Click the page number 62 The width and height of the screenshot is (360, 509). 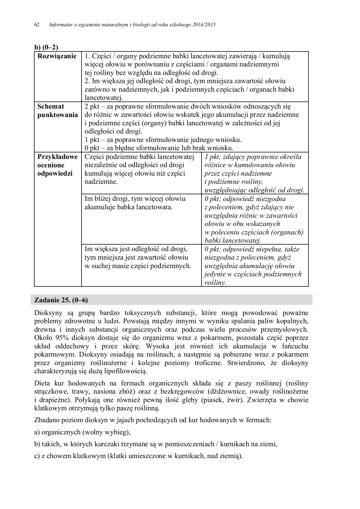click(37, 25)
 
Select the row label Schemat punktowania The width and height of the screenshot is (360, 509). click(57, 111)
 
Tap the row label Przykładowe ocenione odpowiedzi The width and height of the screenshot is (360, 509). click(57, 165)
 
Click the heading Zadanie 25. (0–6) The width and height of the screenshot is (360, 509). click(61, 300)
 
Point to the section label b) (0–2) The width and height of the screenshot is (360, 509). click(46, 47)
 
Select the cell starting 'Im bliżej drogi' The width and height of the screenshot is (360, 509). click(135, 203)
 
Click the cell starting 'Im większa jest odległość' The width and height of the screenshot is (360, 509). click(138, 257)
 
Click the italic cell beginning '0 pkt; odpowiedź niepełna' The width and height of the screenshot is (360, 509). click(253, 266)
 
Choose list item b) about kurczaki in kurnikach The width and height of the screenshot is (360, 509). click(156, 444)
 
